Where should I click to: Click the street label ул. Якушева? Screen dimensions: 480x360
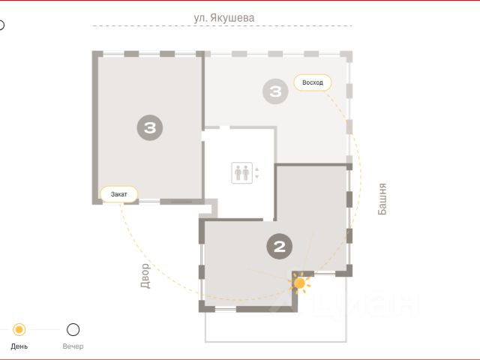click(223, 18)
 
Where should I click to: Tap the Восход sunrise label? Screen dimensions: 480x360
click(313, 82)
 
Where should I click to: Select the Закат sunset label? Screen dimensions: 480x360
click(118, 194)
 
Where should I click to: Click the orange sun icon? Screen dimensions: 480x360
click(299, 283)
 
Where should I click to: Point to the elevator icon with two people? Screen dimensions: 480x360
click(241, 173)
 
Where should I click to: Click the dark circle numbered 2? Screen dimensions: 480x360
click(280, 247)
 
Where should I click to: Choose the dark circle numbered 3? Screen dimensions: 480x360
click(150, 127)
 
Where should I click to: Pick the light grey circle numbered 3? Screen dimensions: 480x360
click(275, 91)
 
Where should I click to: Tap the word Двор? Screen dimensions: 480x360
click(145, 276)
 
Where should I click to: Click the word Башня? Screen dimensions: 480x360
click(382, 199)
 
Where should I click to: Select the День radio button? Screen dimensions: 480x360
click(19, 330)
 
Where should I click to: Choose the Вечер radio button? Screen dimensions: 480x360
click(73, 330)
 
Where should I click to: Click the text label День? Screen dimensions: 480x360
click(19, 346)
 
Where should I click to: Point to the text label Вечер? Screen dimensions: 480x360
click(73, 346)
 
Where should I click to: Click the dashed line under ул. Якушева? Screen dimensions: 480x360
click(222, 26)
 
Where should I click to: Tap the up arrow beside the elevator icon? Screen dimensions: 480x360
click(256, 169)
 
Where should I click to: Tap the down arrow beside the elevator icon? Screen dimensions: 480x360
click(256, 177)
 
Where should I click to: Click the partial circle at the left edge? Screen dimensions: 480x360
click(3, 25)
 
